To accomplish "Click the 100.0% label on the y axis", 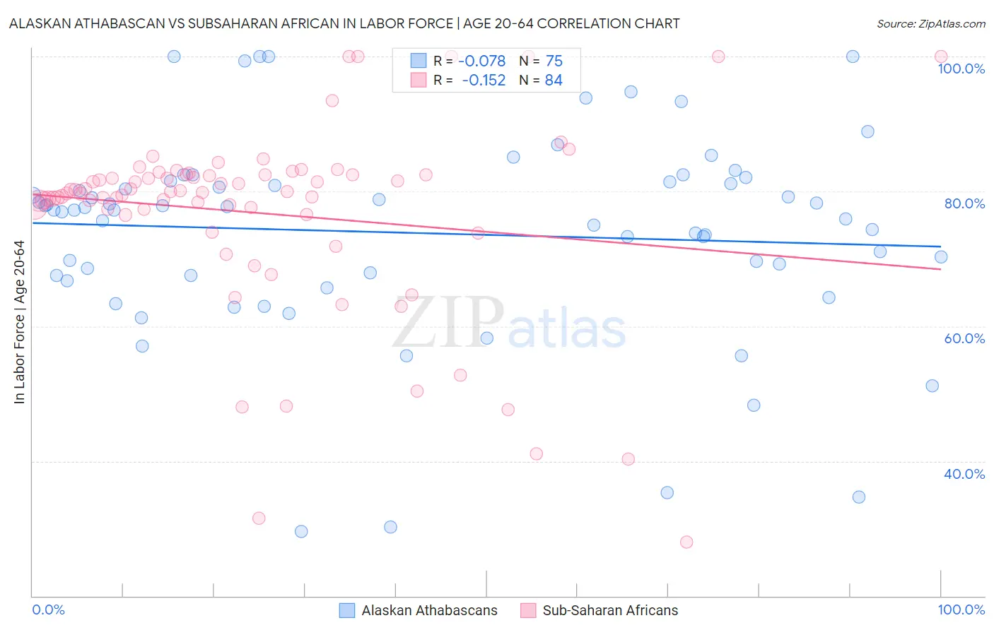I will tap(961, 69).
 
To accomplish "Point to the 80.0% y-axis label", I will tap(964, 203).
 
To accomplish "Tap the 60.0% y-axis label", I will tap(964, 338).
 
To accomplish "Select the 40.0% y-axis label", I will tap(964, 474).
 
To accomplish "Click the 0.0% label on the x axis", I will tap(49, 610).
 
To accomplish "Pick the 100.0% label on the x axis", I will tap(961, 610).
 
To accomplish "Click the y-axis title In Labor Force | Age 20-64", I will tap(19, 322).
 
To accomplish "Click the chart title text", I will tap(344, 23).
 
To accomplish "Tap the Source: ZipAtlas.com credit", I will tap(930, 23).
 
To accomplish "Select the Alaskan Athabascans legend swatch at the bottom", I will tap(347, 610).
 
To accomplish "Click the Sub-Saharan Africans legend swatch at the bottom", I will tap(528, 610).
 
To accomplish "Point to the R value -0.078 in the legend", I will tap(482, 61).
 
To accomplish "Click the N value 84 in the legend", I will tap(554, 81).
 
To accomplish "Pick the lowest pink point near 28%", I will tap(686, 542).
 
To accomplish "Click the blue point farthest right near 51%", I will tap(932, 386).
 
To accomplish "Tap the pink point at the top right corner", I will tap(940, 57).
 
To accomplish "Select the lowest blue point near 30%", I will tap(301, 531).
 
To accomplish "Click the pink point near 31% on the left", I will tap(259, 518).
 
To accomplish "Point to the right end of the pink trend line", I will tap(940, 269).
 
